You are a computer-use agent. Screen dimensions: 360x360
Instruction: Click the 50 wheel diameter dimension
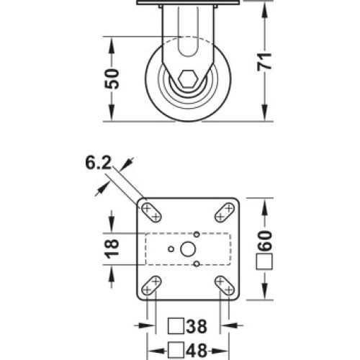[112, 78]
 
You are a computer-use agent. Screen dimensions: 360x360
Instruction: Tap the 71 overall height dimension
[264, 62]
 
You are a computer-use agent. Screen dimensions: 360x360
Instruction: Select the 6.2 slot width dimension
[99, 163]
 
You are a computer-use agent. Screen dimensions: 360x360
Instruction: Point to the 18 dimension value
[112, 249]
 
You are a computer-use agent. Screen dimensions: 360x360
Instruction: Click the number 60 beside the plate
[264, 240]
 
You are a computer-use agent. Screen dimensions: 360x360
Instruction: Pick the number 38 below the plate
[197, 326]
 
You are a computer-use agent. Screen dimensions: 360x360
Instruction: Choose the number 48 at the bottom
[197, 351]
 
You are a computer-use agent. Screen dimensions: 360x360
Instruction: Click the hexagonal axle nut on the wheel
[188, 78]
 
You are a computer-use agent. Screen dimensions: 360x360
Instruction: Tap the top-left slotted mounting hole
[151, 212]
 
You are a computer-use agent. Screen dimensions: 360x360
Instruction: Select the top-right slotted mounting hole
[225, 212]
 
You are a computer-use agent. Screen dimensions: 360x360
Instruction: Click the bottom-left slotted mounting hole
[151, 286]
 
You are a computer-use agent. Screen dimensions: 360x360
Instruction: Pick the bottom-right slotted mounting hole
[225, 286]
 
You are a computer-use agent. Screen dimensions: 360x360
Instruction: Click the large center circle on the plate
[188, 249]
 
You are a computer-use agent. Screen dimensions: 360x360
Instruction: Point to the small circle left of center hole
[171, 249]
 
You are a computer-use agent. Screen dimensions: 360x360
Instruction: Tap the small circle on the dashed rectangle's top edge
[197, 234]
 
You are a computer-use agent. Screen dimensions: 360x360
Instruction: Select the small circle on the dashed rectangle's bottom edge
[197, 264]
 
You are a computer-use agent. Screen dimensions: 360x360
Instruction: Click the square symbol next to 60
[264, 261]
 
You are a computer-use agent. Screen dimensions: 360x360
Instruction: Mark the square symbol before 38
[176, 326]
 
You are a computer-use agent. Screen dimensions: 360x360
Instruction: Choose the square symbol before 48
[176, 351]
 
